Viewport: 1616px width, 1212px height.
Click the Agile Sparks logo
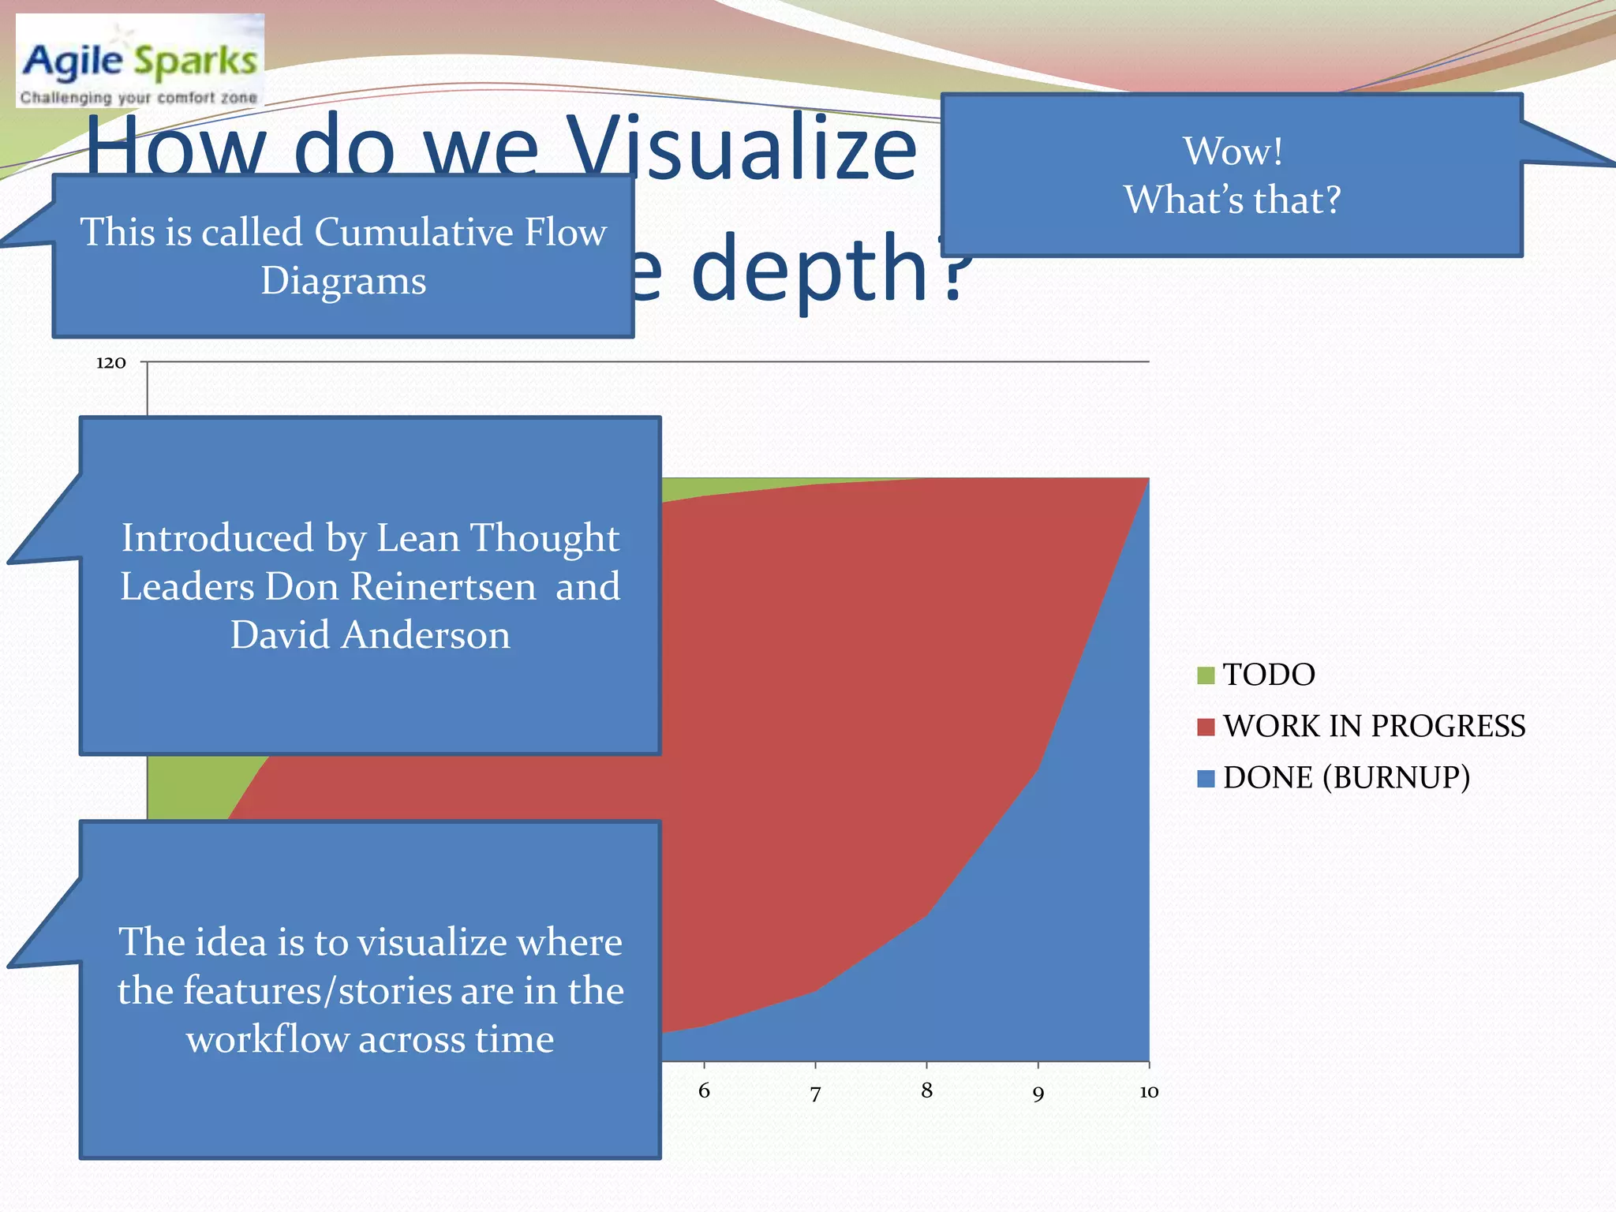pos(140,62)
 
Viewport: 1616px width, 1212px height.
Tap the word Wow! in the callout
pos(1232,151)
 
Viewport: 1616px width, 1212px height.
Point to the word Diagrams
pos(343,281)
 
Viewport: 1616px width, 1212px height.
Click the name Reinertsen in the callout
pos(443,586)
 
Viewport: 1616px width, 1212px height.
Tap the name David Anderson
pos(370,635)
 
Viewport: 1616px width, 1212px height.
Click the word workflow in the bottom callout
pos(267,1039)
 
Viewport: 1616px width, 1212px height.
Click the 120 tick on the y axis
pos(111,363)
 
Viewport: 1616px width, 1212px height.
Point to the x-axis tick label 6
pos(704,1090)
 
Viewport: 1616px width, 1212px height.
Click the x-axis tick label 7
pos(815,1093)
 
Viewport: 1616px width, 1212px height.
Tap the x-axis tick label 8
pos(926,1090)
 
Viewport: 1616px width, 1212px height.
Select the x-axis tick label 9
pos(1038,1093)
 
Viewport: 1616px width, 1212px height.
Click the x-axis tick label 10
pos(1148,1091)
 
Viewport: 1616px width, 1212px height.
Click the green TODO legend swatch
pos(1205,675)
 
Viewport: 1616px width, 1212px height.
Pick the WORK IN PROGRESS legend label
pos(1373,726)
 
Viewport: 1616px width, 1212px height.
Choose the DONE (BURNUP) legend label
pos(1346,777)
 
